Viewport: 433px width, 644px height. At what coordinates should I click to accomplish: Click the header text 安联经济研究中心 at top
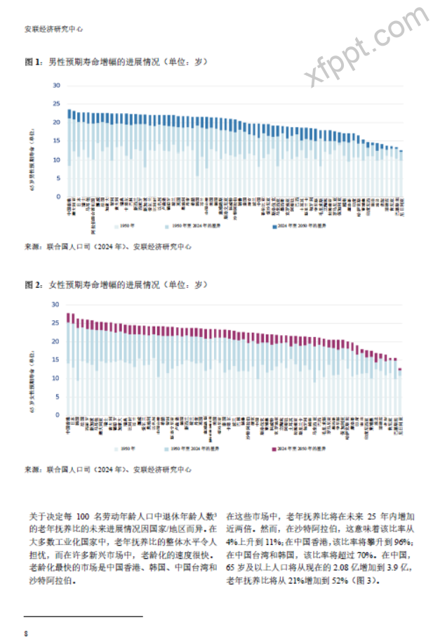53,30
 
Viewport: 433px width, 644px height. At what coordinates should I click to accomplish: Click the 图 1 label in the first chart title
33,63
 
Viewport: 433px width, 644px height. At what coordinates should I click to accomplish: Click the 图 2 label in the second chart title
33,285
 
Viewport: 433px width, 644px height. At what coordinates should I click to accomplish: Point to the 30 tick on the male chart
58,86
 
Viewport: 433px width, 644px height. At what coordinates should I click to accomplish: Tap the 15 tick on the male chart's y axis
58,141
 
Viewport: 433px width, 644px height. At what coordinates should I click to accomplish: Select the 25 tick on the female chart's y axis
58,322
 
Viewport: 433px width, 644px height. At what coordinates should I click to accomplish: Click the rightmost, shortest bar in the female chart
400,390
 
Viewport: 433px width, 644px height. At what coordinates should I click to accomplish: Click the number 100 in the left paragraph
84,515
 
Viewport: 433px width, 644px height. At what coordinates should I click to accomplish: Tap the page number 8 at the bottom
26,633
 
